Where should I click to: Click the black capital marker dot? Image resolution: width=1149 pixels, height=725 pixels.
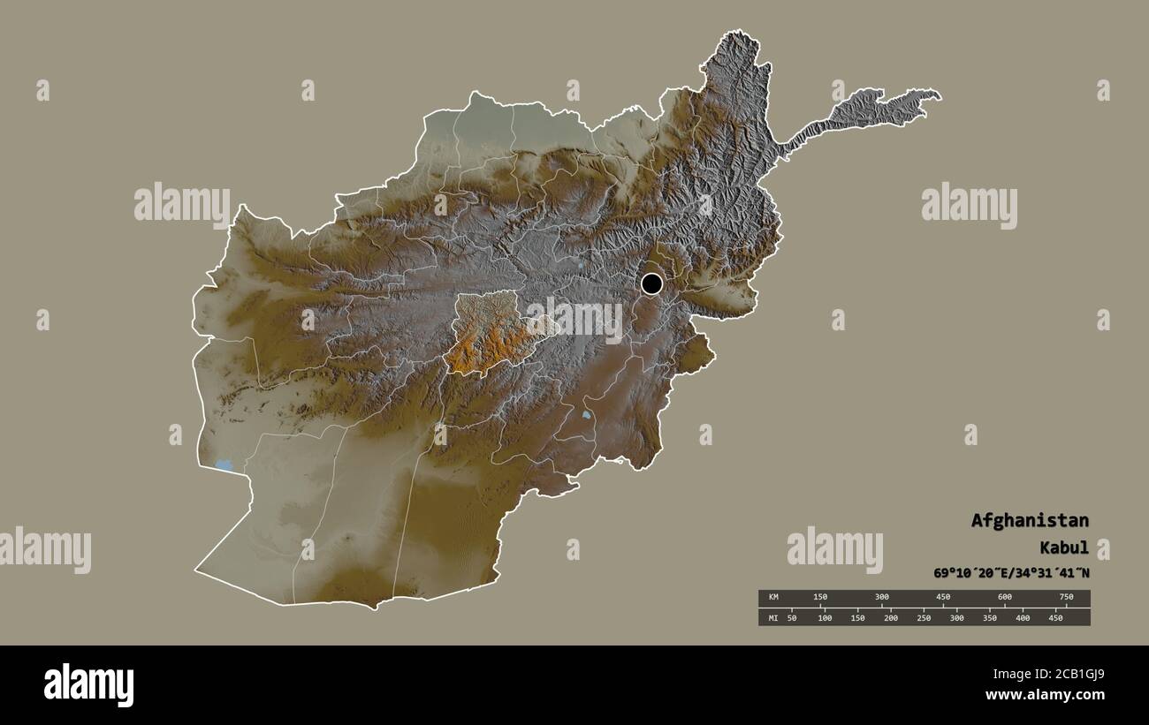point(651,283)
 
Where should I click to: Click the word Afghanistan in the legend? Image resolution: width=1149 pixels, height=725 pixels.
point(1030,520)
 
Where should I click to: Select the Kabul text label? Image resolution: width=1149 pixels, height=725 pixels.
point(1065,548)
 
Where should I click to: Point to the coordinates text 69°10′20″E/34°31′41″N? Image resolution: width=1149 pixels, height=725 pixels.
point(1011,572)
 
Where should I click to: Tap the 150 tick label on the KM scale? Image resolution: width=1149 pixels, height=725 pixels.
point(820,597)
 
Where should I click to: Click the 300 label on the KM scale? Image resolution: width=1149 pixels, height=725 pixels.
point(881,597)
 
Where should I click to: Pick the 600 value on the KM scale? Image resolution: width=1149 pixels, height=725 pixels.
point(1005,597)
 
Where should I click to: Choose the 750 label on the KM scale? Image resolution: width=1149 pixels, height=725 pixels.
point(1066,597)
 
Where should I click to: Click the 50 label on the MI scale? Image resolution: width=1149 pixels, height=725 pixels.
point(791,617)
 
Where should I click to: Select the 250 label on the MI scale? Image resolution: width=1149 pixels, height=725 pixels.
point(924,617)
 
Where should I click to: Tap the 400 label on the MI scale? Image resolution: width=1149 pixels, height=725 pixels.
point(1023,617)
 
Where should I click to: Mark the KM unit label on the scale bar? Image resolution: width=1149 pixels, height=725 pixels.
point(772,597)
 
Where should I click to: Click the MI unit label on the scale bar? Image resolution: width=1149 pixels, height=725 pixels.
point(772,617)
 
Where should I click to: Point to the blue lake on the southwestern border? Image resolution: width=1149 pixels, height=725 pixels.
point(224,464)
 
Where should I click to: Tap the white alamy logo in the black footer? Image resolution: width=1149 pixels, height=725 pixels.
point(88,684)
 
